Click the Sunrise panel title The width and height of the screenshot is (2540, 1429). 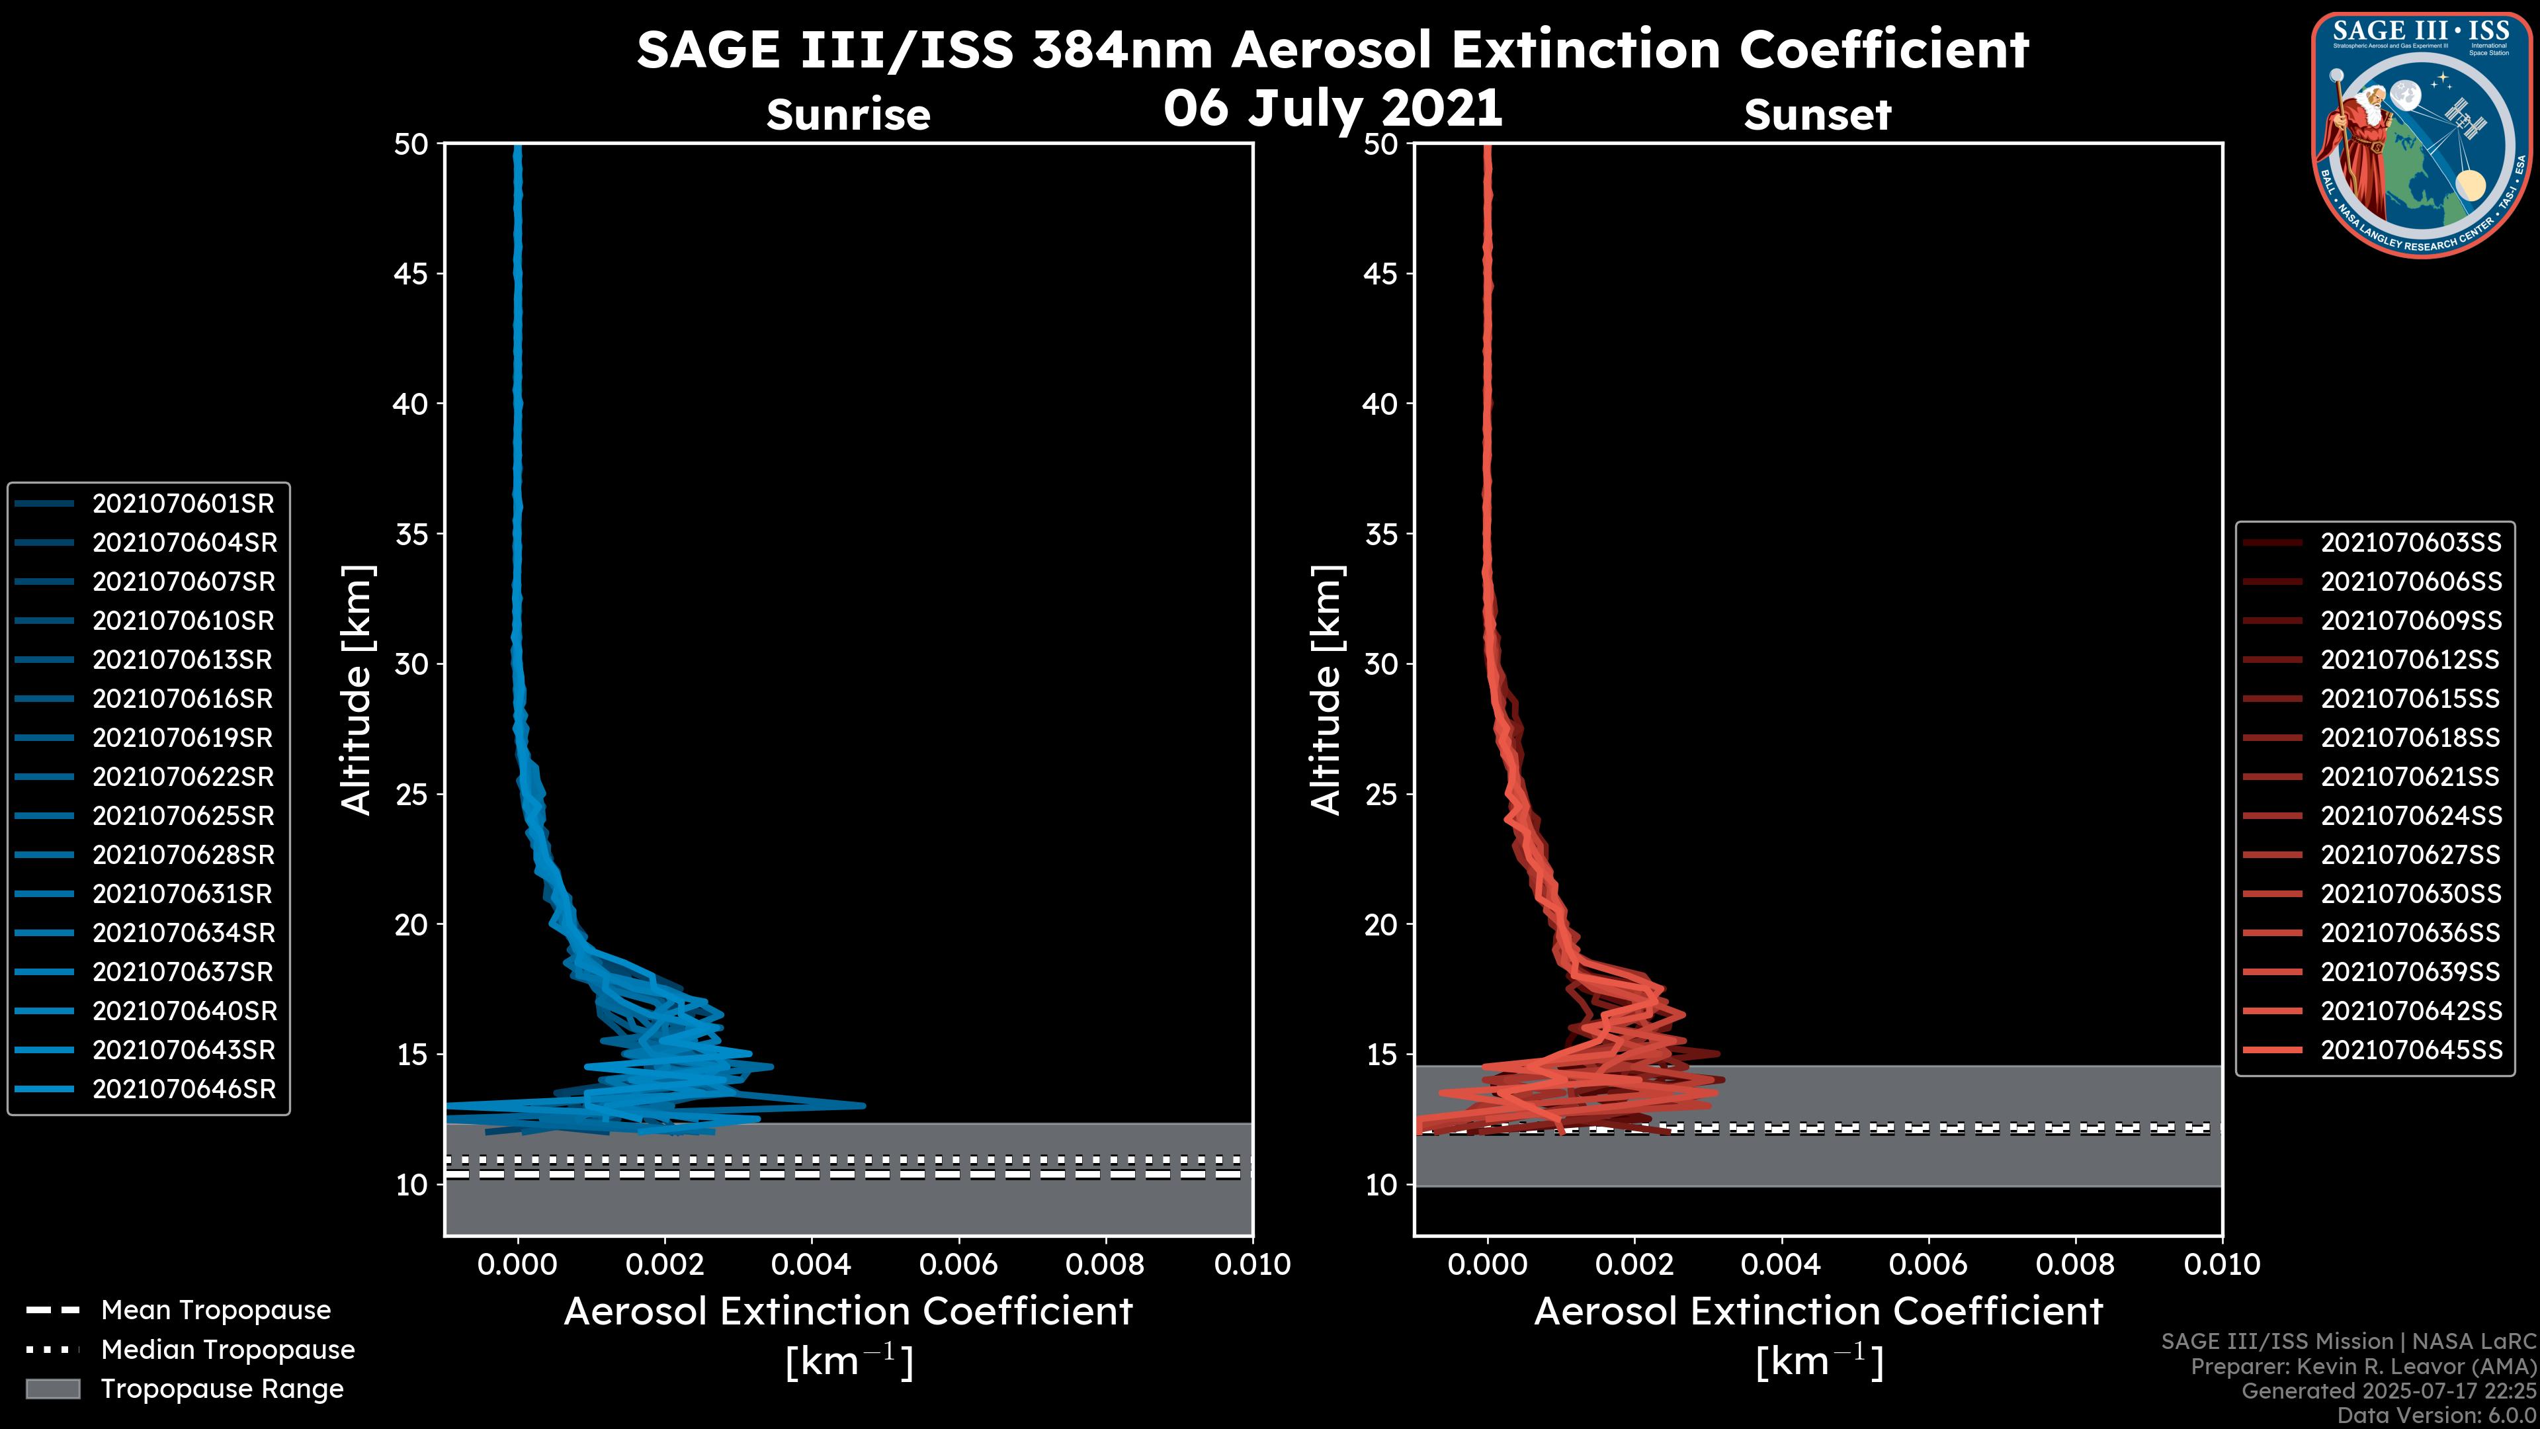[x=848, y=115]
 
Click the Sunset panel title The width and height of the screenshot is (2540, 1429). [x=1817, y=115]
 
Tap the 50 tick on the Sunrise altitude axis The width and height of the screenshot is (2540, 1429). [x=412, y=145]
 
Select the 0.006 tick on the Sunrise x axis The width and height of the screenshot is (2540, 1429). [x=958, y=1264]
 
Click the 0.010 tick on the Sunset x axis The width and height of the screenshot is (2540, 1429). [x=2222, y=1264]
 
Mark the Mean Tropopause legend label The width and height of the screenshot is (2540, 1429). [x=216, y=1311]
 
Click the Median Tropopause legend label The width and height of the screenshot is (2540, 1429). [x=228, y=1350]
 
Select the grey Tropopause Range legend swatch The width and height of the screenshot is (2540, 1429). [x=52, y=1389]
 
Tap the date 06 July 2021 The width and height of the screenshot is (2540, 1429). [x=1333, y=108]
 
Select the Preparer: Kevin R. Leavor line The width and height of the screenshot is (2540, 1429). [x=2363, y=1367]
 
